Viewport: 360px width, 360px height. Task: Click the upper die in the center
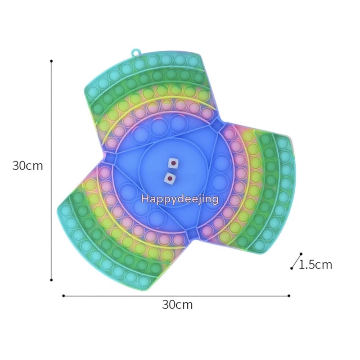(173, 163)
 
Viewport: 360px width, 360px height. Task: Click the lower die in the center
(170, 178)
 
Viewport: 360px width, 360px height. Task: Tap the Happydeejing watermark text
(180, 199)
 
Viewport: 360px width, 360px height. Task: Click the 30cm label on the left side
(27, 165)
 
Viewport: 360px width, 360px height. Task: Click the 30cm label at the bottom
(177, 305)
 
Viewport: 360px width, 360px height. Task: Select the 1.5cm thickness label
(316, 265)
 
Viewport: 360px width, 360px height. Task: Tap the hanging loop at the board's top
(135, 53)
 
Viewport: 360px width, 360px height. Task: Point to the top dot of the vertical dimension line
(51, 61)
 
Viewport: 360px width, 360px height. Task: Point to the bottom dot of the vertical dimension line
(51, 280)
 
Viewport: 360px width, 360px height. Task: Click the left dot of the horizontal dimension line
(63, 296)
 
